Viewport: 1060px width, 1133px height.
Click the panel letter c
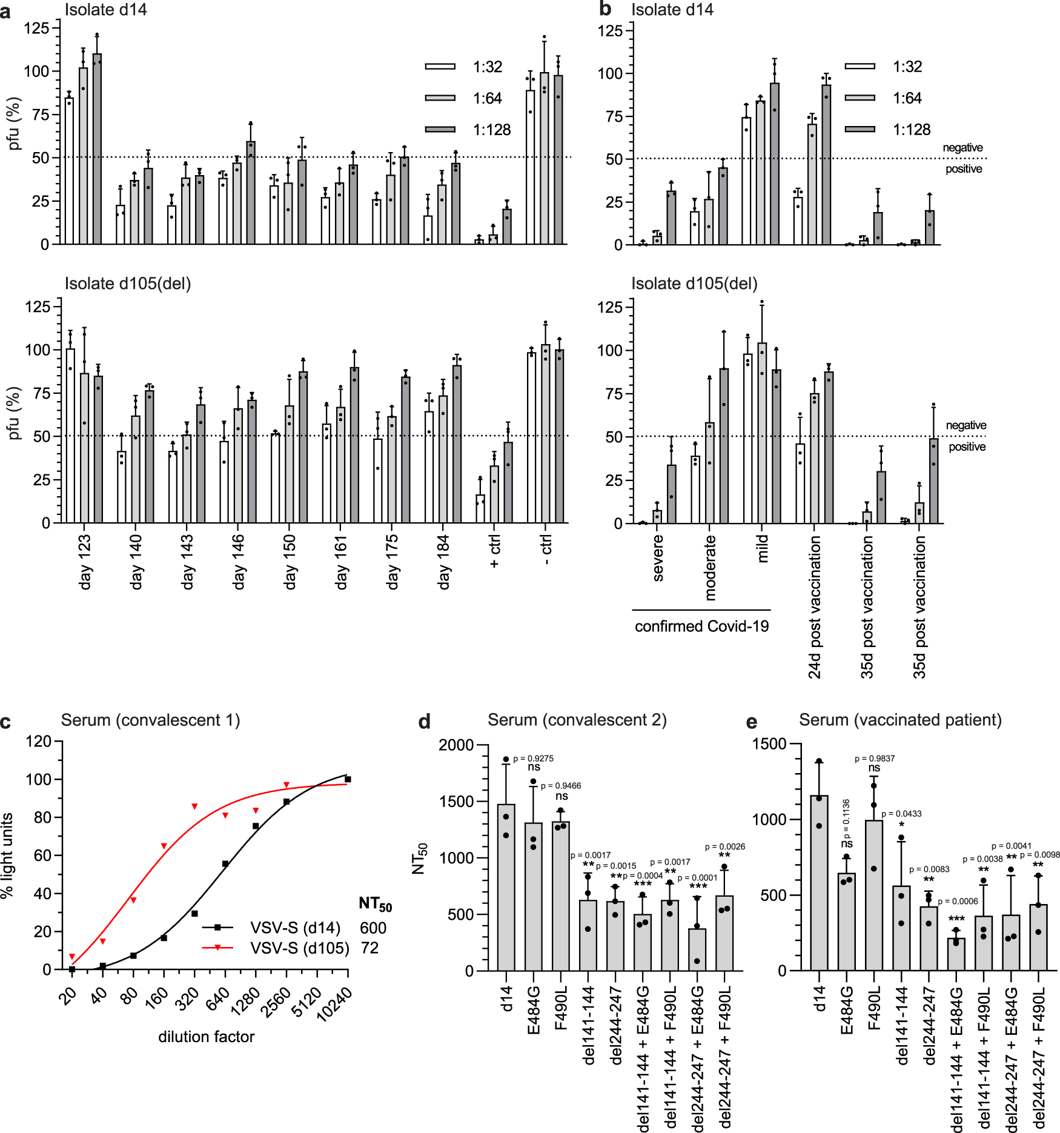[x=5, y=722]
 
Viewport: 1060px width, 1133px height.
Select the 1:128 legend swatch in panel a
[x=440, y=130]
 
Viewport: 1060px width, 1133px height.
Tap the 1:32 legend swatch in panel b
[x=860, y=67]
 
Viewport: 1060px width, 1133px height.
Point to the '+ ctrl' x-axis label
[x=495, y=551]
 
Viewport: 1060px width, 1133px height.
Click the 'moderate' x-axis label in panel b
[x=711, y=567]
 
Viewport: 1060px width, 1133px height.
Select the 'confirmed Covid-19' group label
[x=701, y=626]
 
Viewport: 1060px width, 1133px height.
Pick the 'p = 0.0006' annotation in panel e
[x=958, y=902]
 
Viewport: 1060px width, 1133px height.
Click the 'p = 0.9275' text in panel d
[x=533, y=759]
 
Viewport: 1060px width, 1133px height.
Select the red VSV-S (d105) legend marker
[x=217, y=948]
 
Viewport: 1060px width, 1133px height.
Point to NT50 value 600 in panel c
[x=373, y=928]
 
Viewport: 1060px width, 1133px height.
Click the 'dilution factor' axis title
[x=206, y=1037]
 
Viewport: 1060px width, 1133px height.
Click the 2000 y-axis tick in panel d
[x=456, y=745]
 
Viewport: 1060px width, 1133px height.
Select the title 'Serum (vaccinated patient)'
[x=900, y=720]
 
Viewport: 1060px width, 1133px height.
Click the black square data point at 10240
[x=348, y=779]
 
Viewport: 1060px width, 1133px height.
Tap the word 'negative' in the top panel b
[x=962, y=148]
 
